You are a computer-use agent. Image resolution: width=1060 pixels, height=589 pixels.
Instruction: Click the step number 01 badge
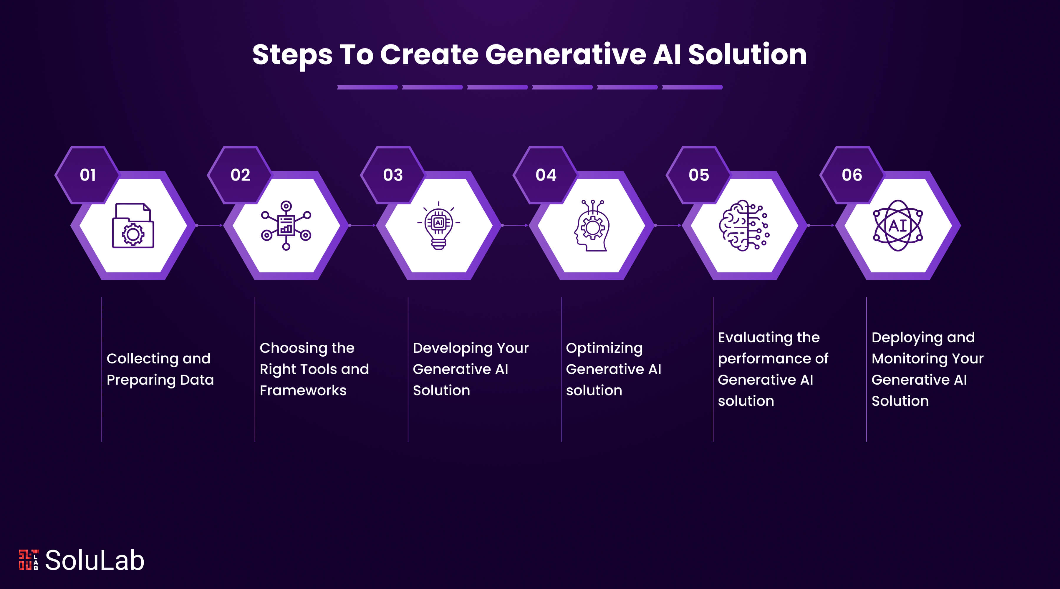88,175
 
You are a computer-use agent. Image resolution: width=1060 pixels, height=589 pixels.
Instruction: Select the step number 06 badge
852,175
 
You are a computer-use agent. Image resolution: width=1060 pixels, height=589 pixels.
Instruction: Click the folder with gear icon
133,226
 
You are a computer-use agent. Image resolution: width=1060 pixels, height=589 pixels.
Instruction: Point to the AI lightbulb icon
439,226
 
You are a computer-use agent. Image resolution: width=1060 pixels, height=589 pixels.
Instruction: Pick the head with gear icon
592,226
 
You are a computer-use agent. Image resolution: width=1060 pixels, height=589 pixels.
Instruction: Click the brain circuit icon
744,226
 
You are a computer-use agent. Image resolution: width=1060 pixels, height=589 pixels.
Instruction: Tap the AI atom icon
898,226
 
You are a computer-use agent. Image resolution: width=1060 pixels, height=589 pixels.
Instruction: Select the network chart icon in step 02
286,226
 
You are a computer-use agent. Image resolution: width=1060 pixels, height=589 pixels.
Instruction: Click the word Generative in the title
566,55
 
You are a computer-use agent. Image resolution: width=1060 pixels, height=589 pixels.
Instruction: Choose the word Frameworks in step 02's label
303,390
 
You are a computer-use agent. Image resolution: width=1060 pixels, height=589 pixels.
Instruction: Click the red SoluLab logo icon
28,560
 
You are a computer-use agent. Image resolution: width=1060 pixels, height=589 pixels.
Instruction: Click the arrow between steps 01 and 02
209,226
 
